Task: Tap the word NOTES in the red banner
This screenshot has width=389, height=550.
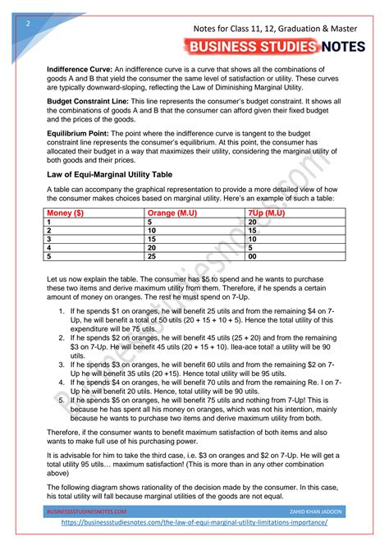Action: pos(344,47)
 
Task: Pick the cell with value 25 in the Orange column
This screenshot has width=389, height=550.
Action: pos(153,255)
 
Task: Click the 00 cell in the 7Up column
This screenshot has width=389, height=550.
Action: pos(253,255)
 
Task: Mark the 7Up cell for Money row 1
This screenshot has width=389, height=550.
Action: pos(253,222)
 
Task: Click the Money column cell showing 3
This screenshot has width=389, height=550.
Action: pos(50,239)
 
